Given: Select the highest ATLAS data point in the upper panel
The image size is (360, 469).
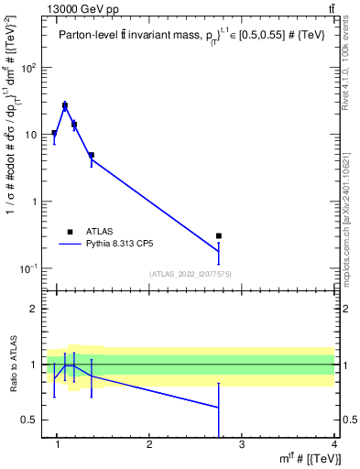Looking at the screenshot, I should point(65,106).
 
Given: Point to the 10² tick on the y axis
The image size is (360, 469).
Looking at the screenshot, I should point(29,68).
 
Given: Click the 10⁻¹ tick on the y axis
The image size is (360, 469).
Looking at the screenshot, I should point(28,268).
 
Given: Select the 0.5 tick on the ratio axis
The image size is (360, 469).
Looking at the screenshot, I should point(30,420).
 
